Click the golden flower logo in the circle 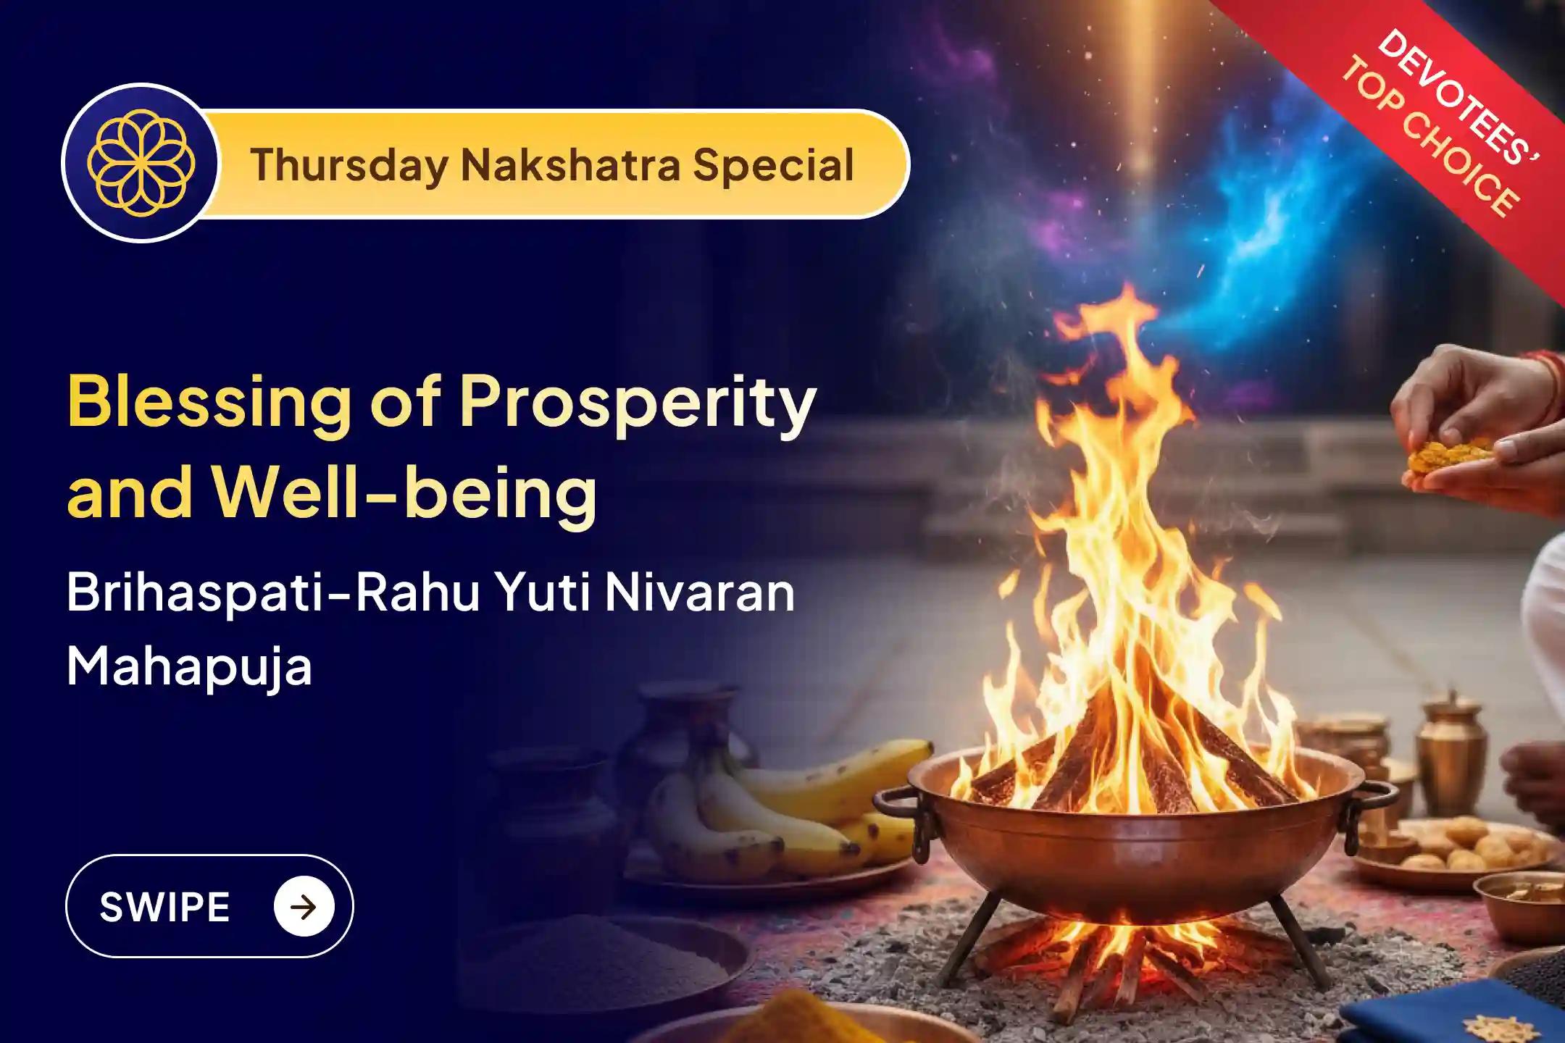click(140, 163)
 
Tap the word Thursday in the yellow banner click(349, 165)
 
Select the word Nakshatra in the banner click(570, 165)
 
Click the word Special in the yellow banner click(773, 165)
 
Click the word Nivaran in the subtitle click(699, 592)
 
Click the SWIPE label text click(164, 907)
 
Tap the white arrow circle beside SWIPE click(304, 907)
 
